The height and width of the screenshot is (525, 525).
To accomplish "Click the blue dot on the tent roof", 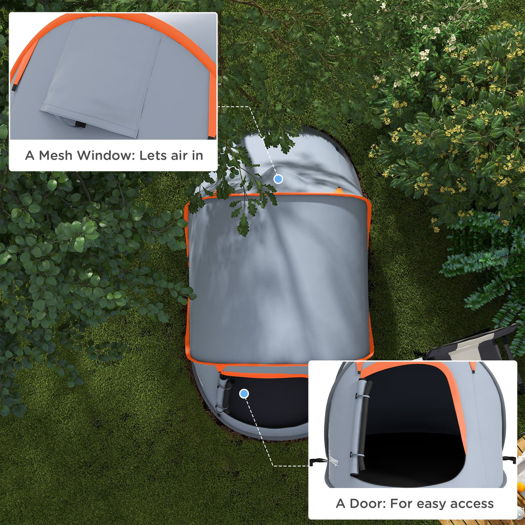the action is click(x=278, y=179).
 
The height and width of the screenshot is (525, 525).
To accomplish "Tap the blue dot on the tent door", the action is click(x=244, y=394).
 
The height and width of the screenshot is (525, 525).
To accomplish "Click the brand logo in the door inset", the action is click(x=333, y=459).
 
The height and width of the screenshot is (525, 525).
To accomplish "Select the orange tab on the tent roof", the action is click(x=339, y=191).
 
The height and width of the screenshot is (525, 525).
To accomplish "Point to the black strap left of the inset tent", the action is click(x=318, y=462).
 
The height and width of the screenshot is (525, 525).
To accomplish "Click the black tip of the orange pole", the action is click(x=14, y=87).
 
